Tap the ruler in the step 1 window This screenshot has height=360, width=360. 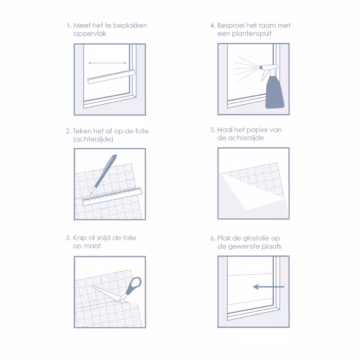[x=112, y=77]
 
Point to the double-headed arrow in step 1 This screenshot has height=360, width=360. [x=107, y=63]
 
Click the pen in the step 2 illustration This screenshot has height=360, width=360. [x=104, y=174]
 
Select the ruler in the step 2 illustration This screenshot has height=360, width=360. [x=112, y=197]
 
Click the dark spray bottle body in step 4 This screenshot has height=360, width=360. [x=275, y=92]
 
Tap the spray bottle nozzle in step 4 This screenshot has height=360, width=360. [x=261, y=67]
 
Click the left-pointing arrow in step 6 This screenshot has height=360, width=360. [x=268, y=287]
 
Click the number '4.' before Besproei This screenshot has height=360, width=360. [x=213, y=25]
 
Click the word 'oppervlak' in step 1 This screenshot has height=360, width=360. [x=90, y=34]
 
